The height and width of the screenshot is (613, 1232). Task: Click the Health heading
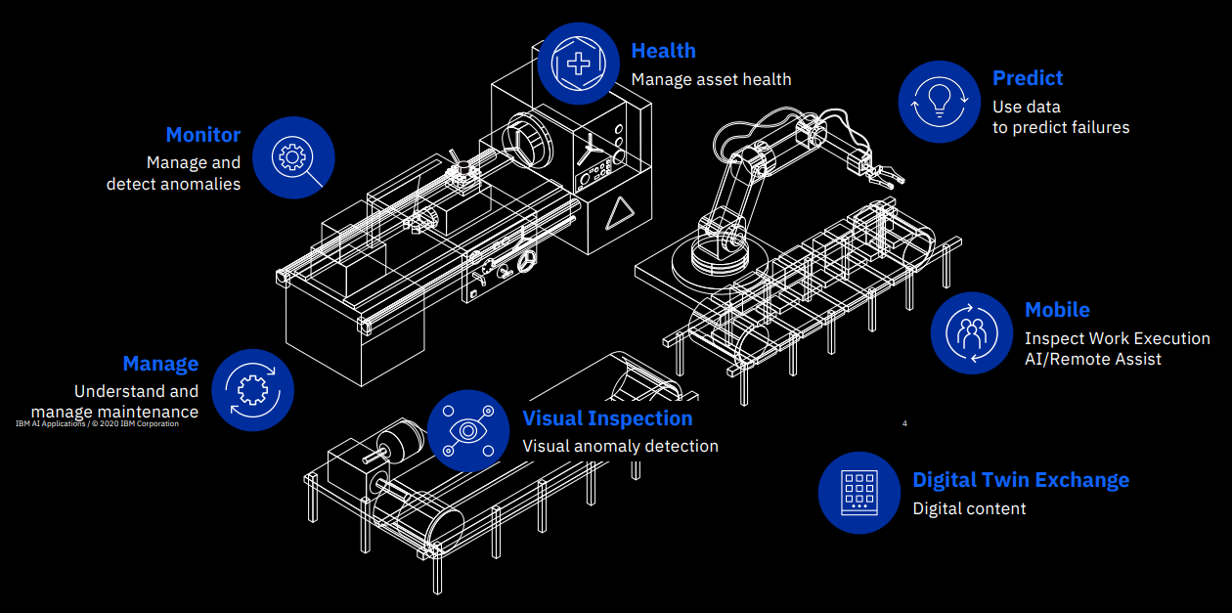click(x=663, y=51)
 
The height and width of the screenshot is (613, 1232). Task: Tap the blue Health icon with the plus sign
click(x=579, y=64)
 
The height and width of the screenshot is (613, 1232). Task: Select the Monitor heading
click(x=202, y=135)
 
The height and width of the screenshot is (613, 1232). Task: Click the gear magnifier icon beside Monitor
click(x=293, y=157)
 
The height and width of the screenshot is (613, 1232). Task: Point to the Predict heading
click(x=1027, y=78)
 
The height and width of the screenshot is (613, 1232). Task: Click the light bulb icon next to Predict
click(x=939, y=101)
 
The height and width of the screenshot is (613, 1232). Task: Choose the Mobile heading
click(x=1056, y=310)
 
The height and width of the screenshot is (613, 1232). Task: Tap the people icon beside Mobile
click(x=971, y=332)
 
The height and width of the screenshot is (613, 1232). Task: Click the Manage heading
click(x=160, y=364)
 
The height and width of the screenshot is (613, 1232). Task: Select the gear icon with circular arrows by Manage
click(x=252, y=388)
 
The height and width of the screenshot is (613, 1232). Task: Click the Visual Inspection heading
click(x=607, y=418)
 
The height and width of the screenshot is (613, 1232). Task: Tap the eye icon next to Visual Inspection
click(x=467, y=430)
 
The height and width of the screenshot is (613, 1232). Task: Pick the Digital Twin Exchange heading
click(x=1020, y=480)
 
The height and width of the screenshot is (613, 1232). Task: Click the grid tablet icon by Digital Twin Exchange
click(x=858, y=492)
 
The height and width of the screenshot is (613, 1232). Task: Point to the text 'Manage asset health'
click(x=711, y=79)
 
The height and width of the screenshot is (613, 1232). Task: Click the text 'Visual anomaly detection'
click(x=620, y=446)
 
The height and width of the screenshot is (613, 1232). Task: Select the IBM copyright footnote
click(x=97, y=423)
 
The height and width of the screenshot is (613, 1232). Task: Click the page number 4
click(x=904, y=423)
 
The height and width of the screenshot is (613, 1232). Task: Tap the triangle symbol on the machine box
click(x=616, y=213)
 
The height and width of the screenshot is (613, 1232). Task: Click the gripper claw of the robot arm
click(x=887, y=175)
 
